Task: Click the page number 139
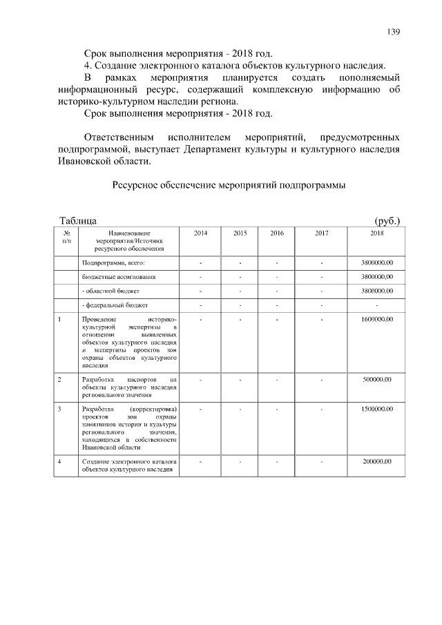point(394,31)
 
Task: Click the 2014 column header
point(200,234)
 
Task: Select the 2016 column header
point(276,234)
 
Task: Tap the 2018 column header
point(377,234)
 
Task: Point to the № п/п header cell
point(66,238)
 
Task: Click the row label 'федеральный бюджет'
point(116,305)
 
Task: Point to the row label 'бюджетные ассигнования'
point(119,277)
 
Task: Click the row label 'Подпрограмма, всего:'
point(114,263)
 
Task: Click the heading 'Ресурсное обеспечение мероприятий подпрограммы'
point(228,185)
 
